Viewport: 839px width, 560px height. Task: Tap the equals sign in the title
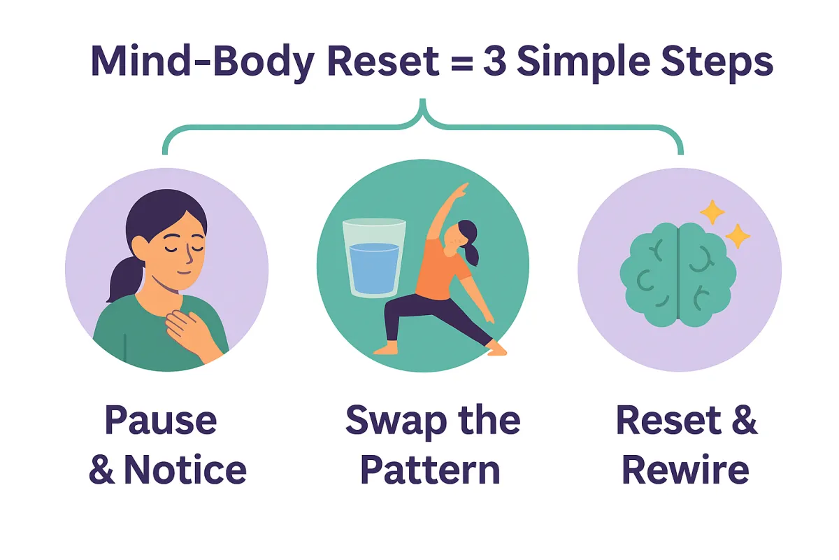pos(442,63)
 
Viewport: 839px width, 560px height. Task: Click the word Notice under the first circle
pos(185,470)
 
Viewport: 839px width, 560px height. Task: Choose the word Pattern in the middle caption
pos(431,470)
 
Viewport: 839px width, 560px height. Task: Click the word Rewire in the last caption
pos(685,470)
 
